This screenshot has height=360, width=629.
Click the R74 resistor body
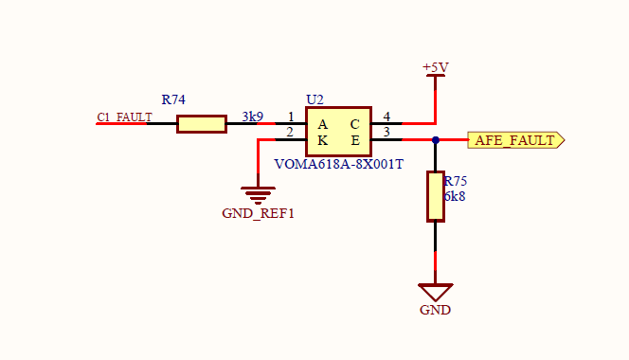pos(202,123)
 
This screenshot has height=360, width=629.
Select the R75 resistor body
pos(435,196)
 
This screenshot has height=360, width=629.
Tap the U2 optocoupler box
pos(338,133)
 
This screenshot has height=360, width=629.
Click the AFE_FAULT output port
pos(515,140)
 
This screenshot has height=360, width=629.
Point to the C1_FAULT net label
pos(124,117)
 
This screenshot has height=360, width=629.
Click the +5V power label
pos(436,67)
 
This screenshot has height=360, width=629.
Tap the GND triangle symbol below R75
pos(436,292)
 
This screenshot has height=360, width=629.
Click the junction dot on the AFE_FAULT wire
pos(436,140)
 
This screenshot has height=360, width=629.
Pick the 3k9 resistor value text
pos(252,117)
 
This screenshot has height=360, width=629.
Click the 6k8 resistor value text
pos(455,196)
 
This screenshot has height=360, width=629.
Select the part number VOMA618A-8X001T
pos(339,163)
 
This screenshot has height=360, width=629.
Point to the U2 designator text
pos(314,99)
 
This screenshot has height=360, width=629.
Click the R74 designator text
pos(173,99)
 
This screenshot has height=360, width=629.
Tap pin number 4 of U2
pos(386,117)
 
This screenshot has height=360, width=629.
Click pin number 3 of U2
pos(386,133)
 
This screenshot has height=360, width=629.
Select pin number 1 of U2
pos(291,117)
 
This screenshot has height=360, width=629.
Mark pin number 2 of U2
pos(291,133)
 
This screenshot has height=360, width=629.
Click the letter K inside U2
pos(322,140)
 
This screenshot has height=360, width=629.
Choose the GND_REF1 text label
pos(259,213)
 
